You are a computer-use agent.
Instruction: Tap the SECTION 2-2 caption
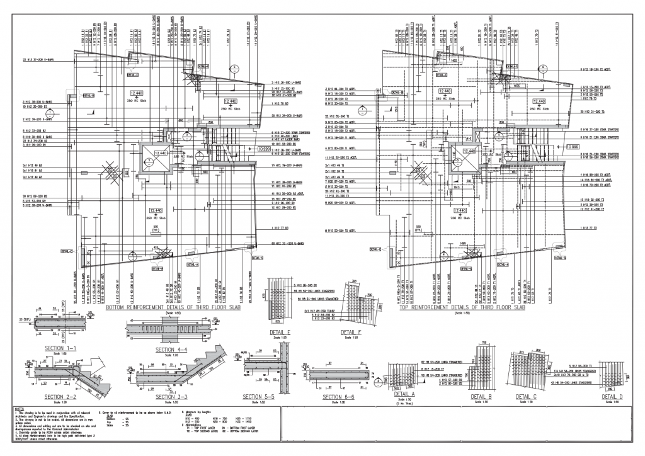[x=61, y=397]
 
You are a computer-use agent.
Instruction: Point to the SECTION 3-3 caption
[x=173, y=397]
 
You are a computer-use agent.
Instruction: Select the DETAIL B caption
[x=481, y=397]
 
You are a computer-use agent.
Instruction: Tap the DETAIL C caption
[x=527, y=397]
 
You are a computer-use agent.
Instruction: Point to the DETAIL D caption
[x=612, y=397]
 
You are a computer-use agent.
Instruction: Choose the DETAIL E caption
[x=280, y=331]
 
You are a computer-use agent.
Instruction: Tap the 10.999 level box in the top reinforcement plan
[x=573, y=146]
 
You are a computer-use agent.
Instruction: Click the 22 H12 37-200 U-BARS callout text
[x=39, y=60]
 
